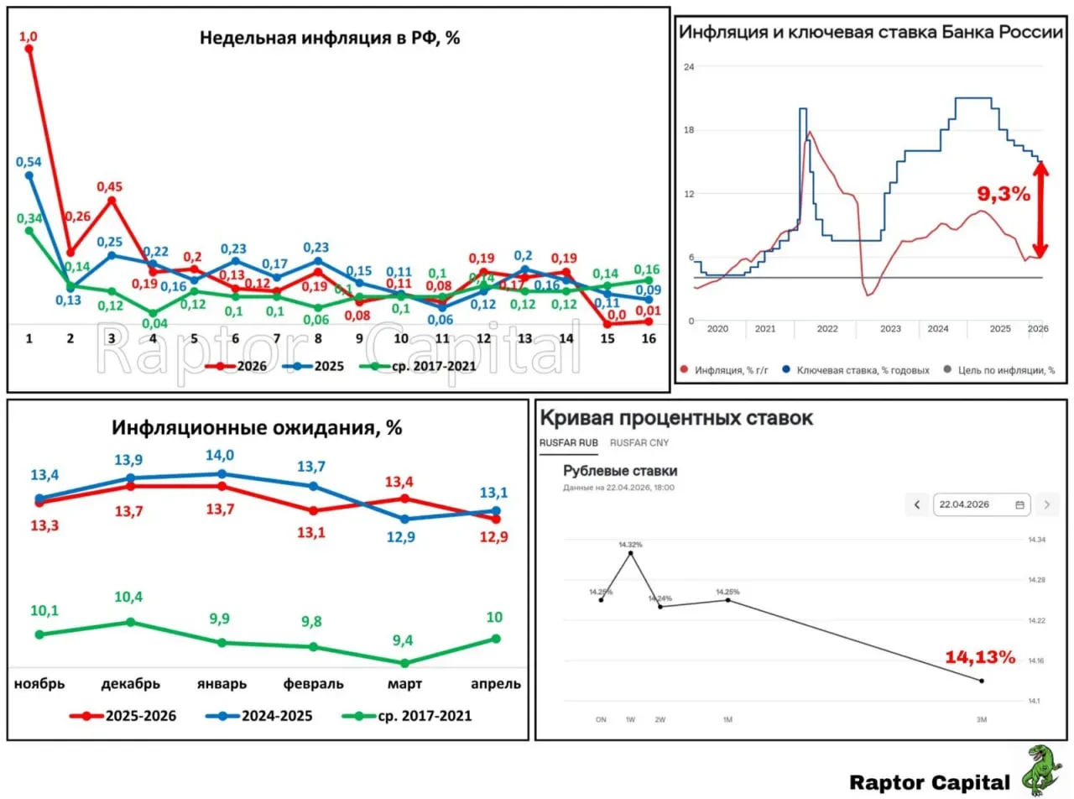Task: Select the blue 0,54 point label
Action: [x=29, y=159]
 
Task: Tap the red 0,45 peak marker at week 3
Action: [x=112, y=200]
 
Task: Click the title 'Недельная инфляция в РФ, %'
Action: [x=330, y=38]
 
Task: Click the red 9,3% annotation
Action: [x=1004, y=194]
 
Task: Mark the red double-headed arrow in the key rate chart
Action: [x=1040, y=210]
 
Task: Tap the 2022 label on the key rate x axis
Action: [x=827, y=329]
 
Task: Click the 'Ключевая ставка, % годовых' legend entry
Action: [x=856, y=370]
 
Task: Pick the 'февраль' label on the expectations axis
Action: [x=314, y=683]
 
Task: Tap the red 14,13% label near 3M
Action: [x=980, y=656]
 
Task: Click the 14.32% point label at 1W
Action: [x=630, y=545]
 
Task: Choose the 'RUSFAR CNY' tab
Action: [x=639, y=442]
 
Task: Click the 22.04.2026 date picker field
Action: [x=982, y=504]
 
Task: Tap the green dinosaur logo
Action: [x=1041, y=770]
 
